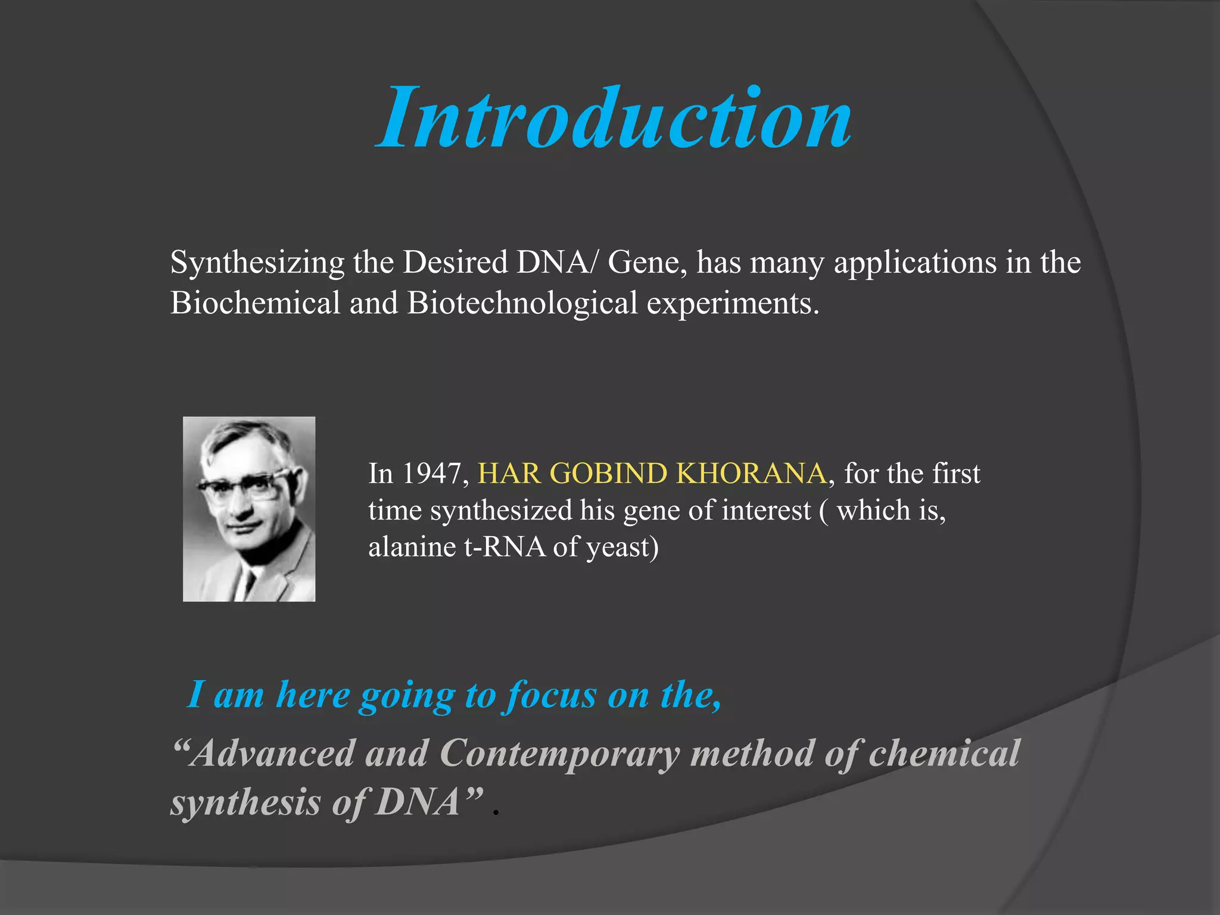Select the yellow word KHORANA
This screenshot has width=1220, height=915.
coord(752,474)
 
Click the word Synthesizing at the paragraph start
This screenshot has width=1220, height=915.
coord(257,263)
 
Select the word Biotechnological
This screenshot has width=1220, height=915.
coord(522,303)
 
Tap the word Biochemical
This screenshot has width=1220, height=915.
coord(255,303)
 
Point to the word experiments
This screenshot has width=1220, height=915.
coord(733,304)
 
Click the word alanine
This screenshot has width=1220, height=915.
coord(412,547)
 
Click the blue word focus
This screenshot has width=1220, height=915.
coord(551,695)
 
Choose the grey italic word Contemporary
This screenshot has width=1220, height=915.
coord(559,754)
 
